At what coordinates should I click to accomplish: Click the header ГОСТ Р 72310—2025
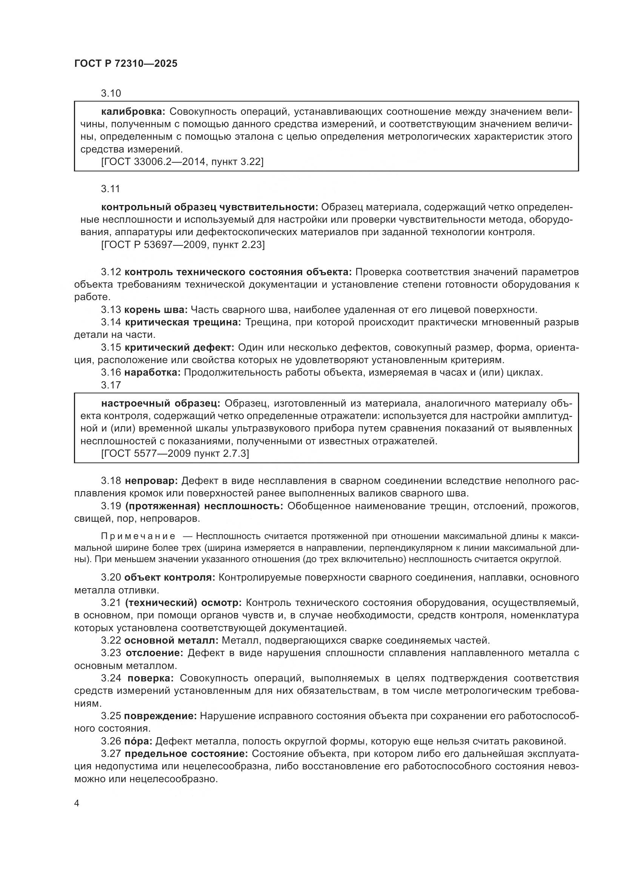pyautogui.click(x=126, y=64)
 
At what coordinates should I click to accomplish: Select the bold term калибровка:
pyautogui.click(x=133, y=112)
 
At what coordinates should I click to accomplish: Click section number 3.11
pyautogui.click(x=111, y=189)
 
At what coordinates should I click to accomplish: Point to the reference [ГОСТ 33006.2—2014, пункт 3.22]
pyautogui.click(x=182, y=162)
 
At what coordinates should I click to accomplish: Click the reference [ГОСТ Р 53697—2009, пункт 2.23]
pyautogui.click(x=183, y=245)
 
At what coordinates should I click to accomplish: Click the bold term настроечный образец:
pyautogui.click(x=161, y=404)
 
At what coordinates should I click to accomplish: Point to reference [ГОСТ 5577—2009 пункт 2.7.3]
pyautogui.click(x=175, y=453)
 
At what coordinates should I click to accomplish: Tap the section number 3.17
pyautogui.click(x=111, y=385)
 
